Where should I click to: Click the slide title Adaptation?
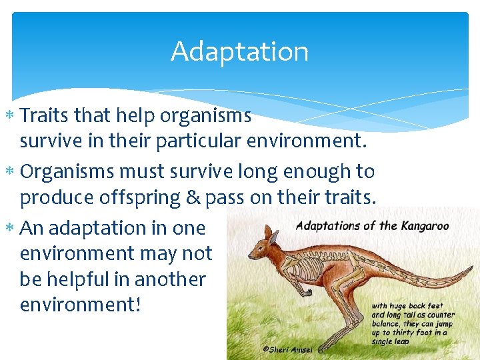239,51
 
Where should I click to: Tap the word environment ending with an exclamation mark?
81,305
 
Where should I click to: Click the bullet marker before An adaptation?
11,228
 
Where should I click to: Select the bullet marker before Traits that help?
11,116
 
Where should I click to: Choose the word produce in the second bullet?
58,198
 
